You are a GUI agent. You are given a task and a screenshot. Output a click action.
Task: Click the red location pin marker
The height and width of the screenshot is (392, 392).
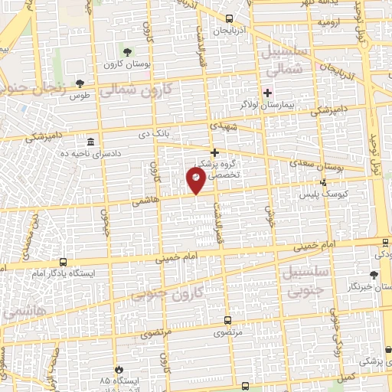click(x=196, y=181)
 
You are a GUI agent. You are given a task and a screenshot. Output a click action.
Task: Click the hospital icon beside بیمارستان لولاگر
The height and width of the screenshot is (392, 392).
click(x=266, y=93)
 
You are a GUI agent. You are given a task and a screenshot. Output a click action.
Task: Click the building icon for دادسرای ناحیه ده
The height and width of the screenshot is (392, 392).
click(x=91, y=143)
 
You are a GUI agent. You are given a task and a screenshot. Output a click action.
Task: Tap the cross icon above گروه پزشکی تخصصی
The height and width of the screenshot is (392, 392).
click(x=215, y=152)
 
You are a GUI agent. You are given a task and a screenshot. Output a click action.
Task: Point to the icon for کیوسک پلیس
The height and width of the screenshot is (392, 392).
click(x=324, y=182)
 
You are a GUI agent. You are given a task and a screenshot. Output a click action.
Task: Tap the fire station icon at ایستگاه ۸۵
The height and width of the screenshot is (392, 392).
click(x=119, y=369)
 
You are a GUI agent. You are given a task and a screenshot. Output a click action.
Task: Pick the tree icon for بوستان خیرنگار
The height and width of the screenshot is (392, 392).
click(x=374, y=274)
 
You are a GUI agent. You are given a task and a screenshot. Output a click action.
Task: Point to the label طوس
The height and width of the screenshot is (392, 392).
click(x=80, y=96)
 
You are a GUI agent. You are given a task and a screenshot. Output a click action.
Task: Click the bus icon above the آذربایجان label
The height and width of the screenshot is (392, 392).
click(x=229, y=19)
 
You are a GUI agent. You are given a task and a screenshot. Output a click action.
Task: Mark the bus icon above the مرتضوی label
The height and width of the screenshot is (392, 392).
click(x=226, y=321)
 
